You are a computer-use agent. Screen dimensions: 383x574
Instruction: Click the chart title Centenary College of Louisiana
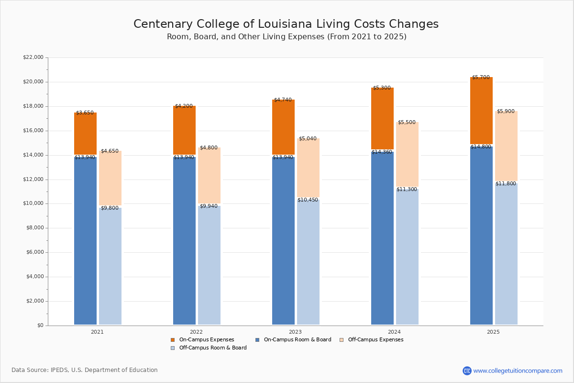point(286,24)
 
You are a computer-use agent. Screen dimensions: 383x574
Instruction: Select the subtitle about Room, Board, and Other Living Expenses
point(287,37)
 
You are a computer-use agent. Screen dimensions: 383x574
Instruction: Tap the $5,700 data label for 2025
point(481,78)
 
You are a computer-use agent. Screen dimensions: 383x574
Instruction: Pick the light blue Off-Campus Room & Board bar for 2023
point(308,263)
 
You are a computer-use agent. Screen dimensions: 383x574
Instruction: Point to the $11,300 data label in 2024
point(407,190)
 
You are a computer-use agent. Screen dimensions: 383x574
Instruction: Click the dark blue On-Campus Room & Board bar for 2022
point(184,239)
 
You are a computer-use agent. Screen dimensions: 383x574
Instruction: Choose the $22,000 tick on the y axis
point(33,57)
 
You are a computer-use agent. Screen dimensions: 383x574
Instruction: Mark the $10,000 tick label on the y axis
point(33,203)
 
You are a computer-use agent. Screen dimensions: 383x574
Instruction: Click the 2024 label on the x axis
point(394,332)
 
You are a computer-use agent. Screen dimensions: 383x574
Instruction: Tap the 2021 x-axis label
point(97,332)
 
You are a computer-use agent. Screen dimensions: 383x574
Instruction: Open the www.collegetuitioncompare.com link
point(518,371)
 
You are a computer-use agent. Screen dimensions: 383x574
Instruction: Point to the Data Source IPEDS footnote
point(85,370)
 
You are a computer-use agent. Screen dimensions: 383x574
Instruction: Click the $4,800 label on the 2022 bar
point(209,148)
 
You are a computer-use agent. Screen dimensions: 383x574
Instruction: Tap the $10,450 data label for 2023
point(308,200)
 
